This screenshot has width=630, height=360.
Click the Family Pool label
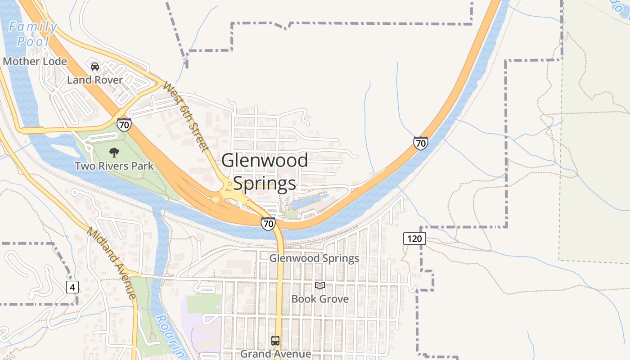33,34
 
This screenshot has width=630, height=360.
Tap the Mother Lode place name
35,61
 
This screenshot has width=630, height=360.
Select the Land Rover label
95,80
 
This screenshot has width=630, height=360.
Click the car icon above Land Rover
95,67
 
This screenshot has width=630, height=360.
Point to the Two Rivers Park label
114,166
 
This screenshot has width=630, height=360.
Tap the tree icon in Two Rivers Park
114,153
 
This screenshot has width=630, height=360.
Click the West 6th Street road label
186,117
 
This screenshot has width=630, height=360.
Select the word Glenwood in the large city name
265,161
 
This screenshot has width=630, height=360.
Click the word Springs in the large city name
265,184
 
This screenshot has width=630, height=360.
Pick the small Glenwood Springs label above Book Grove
314,258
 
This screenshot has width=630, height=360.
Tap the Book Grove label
320,299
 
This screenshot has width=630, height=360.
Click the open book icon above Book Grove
320,285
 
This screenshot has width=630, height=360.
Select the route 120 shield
414,238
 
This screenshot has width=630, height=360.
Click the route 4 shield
72,287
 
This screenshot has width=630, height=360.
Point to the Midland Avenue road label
111,263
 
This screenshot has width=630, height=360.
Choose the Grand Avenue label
275,354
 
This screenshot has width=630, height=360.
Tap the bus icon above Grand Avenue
275,341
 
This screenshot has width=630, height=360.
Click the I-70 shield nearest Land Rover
124,124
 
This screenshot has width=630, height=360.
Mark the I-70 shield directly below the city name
268,223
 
